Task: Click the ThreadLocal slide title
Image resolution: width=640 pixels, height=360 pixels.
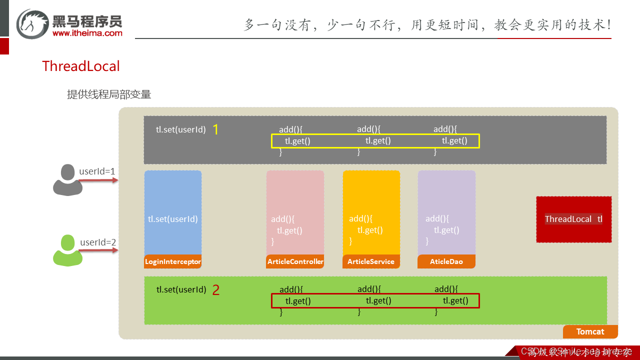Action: pos(81,66)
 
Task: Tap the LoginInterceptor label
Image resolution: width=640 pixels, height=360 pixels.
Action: pos(173,261)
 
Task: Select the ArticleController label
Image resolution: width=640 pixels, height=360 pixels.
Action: pos(295,261)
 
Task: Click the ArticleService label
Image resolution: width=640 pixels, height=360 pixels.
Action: pos(371,261)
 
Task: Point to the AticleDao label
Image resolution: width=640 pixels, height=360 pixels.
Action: pos(446,261)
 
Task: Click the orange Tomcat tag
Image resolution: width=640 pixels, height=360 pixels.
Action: pos(590,331)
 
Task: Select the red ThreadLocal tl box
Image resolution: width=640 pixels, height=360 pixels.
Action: pos(573,219)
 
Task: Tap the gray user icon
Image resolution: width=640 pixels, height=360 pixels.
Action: pos(67,180)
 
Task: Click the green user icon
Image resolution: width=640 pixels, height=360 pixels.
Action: pos(67,250)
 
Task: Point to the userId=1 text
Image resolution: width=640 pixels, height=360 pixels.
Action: pos(97,171)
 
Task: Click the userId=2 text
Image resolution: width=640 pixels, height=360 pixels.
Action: pos(98,242)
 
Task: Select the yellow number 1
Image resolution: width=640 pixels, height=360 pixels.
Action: pos(215,129)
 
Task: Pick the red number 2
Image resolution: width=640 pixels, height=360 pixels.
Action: pos(215,290)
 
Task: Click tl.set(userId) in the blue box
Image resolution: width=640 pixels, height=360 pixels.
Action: pos(173,219)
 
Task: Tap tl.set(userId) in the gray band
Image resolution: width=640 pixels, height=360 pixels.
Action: pos(180,129)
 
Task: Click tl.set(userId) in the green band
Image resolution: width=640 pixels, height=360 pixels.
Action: pos(181,289)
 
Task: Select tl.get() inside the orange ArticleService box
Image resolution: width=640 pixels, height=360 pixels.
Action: pos(370,230)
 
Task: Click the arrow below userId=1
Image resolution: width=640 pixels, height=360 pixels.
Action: pos(98,180)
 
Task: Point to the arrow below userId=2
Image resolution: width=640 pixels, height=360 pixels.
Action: pos(98,250)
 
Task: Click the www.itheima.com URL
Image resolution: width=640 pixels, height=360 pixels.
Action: pos(87,33)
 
